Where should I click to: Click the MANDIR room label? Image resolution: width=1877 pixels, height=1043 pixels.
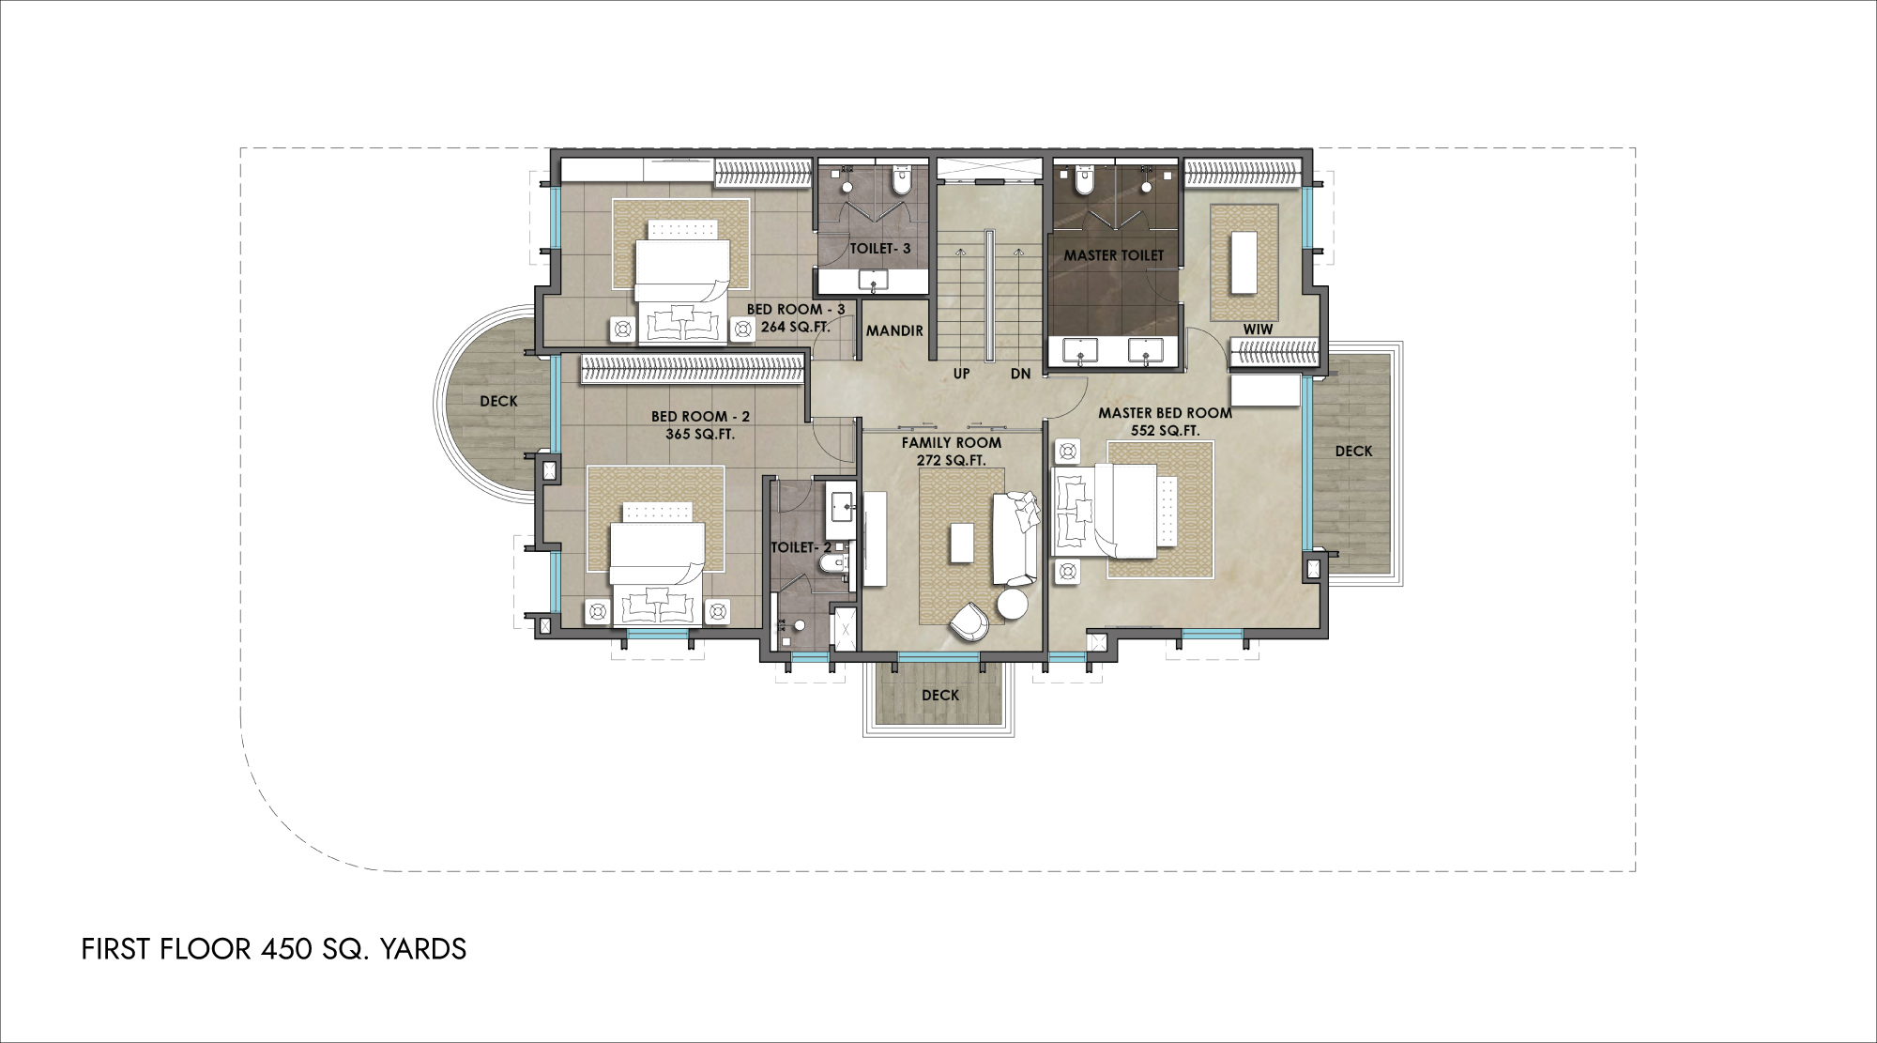[894, 330]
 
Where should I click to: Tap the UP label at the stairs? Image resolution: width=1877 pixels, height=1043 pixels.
[962, 374]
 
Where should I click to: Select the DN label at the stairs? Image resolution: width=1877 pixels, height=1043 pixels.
[1021, 374]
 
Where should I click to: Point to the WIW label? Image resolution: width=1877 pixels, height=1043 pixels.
[1258, 330]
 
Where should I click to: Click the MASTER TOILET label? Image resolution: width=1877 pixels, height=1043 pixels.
[1113, 255]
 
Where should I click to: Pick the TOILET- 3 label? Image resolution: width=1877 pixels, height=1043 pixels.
[880, 249]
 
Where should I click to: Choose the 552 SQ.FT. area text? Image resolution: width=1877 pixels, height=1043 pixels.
[1166, 431]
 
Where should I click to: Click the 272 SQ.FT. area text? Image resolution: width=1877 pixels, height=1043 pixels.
[952, 461]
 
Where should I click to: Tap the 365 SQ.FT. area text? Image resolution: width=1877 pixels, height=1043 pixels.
[700, 435]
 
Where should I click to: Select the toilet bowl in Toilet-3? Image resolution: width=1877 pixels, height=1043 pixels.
[902, 181]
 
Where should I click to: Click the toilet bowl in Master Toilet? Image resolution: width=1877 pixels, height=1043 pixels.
[1083, 181]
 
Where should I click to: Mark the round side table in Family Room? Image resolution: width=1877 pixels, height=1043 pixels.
[1014, 604]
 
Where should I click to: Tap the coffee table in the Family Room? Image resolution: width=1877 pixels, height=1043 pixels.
[961, 543]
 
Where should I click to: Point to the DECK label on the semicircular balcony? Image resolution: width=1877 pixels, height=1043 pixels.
[498, 402]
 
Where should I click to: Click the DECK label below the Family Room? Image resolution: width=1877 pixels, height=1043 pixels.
[940, 696]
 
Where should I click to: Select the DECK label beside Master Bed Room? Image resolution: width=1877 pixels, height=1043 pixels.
[1354, 452]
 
